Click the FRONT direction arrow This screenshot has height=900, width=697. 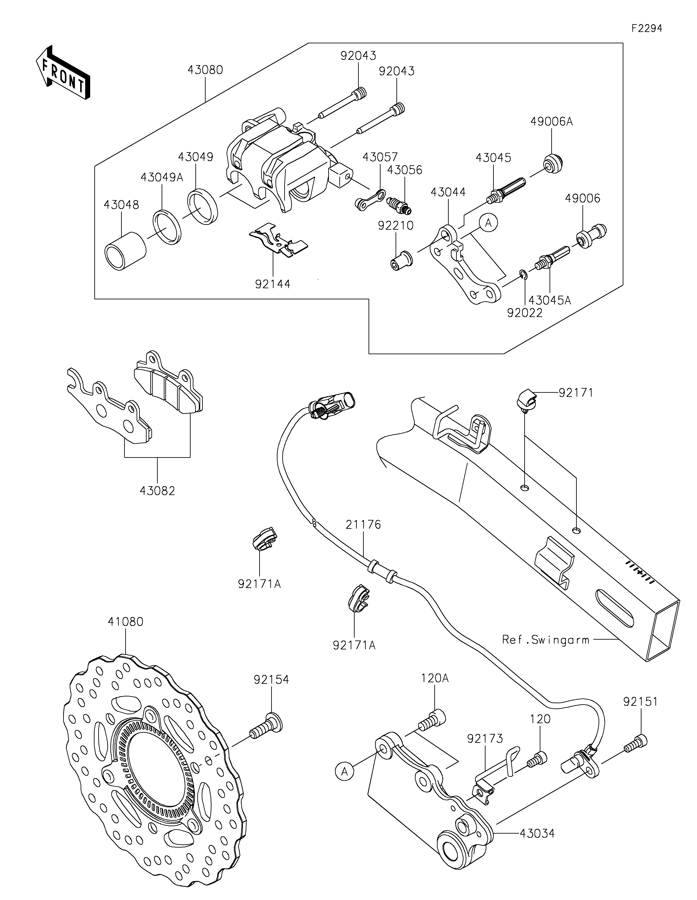63,72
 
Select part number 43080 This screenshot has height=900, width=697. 205,70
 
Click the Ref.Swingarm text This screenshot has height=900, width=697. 545,640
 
